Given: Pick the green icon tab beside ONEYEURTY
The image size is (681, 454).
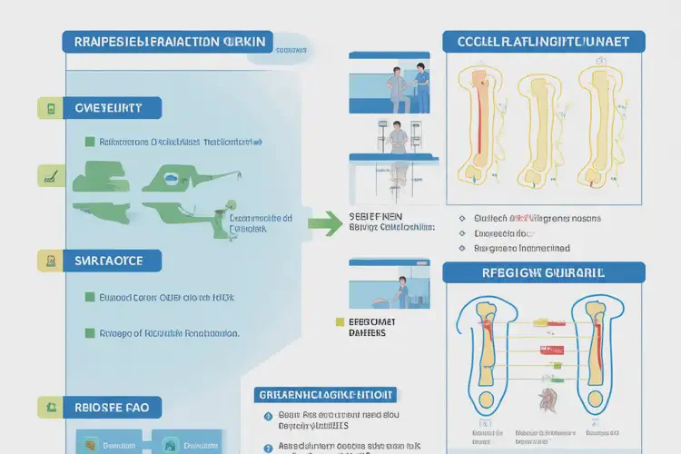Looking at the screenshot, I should [49, 109].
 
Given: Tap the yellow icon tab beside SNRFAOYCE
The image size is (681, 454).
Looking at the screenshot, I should [49, 262].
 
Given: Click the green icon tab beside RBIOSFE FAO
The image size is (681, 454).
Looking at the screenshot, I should [49, 408].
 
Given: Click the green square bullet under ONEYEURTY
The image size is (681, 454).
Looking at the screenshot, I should [89, 143].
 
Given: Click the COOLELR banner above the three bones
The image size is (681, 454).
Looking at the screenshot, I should [543, 41].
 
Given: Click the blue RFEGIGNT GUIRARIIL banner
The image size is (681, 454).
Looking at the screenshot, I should [543, 272].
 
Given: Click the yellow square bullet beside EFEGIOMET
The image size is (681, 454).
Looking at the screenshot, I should [340, 321].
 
